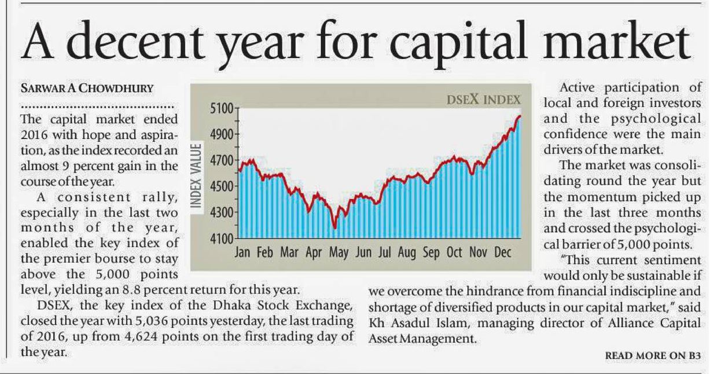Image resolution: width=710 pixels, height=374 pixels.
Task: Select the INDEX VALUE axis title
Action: pos(196,174)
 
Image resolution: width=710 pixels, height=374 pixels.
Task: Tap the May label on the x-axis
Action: pos(339,253)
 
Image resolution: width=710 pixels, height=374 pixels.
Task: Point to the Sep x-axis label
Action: pos(431,253)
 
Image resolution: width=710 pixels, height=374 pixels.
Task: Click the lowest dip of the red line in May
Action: pos(334,228)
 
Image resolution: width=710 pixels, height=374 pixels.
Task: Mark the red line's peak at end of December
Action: pos(519,116)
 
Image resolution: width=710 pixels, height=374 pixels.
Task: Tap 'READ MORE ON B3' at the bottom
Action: pos(653,354)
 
